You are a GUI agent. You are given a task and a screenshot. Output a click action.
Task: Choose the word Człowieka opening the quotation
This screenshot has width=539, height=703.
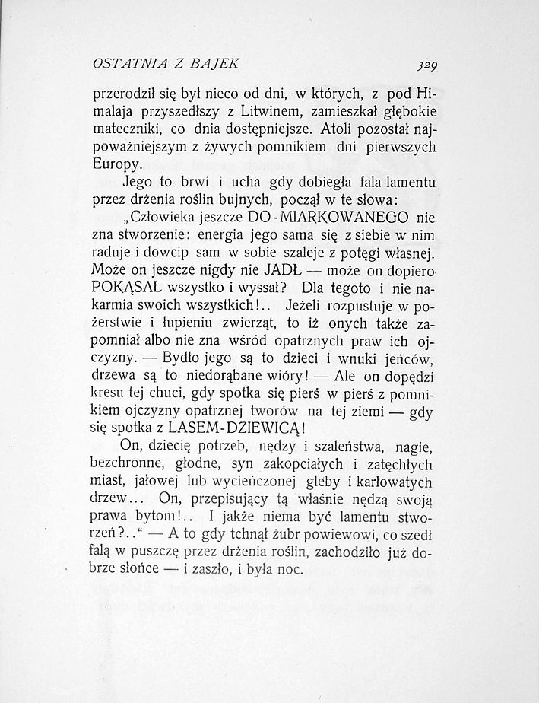[x=171, y=216]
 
